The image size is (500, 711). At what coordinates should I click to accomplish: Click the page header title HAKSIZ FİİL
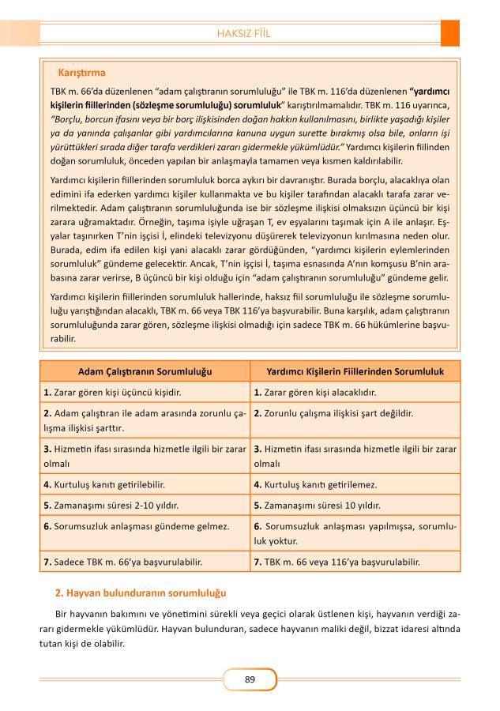[x=249, y=33]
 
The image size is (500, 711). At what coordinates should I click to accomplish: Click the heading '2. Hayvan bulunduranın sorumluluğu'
[x=141, y=592]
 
